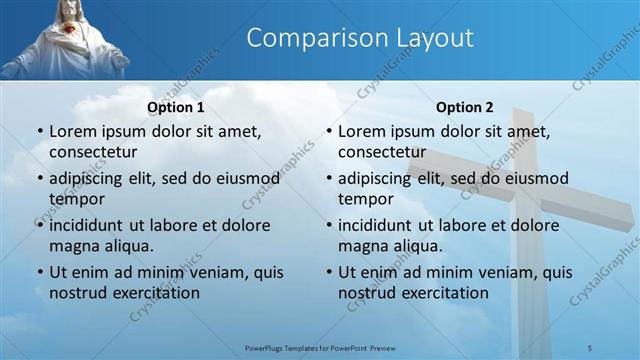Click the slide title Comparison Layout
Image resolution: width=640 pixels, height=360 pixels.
(x=359, y=38)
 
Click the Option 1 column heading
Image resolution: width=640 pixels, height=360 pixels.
(x=176, y=107)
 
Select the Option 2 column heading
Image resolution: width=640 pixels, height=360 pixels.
(x=465, y=107)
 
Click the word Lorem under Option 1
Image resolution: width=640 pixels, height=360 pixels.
(x=72, y=131)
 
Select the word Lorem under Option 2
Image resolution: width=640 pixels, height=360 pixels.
(x=361, y=131)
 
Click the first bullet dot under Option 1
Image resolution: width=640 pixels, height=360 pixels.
(x=39, y=132)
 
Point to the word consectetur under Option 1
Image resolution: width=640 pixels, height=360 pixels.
(x=93, y=151)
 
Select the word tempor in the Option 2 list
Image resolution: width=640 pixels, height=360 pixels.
(x=366, y=198)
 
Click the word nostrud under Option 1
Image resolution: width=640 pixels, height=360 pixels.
(x=78, y=293)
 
